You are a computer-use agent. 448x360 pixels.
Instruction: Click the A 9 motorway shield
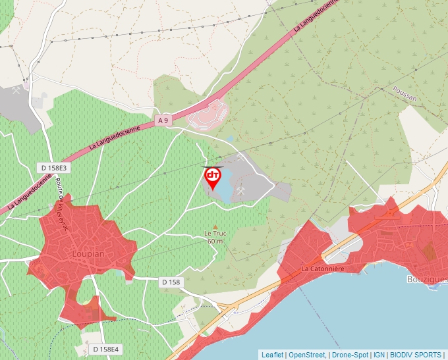click(x=163, y=120)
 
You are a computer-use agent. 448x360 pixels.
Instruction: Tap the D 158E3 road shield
click(x=53, y=168)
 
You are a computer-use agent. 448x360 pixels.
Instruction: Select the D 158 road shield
click(x=171, y=282)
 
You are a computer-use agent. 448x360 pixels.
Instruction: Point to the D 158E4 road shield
click(x=105, y=349)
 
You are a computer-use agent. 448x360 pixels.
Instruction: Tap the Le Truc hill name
click(x=215, y=234)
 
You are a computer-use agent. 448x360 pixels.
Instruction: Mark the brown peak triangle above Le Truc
click(x=215, y=226)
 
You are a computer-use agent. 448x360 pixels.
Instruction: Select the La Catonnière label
click(x=323, y=269)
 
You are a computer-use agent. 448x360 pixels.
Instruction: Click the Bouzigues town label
click(x=428, y=280)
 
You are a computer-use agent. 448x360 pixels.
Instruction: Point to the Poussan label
click(x=404, y=96)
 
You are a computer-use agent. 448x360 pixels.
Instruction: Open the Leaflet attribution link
click(x=272, y=355)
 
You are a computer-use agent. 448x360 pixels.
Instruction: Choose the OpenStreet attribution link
click(x=306, y=355)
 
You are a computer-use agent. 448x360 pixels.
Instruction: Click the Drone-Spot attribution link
click(x=350, y=355)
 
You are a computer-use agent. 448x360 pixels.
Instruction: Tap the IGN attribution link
click(x=379, y=355)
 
